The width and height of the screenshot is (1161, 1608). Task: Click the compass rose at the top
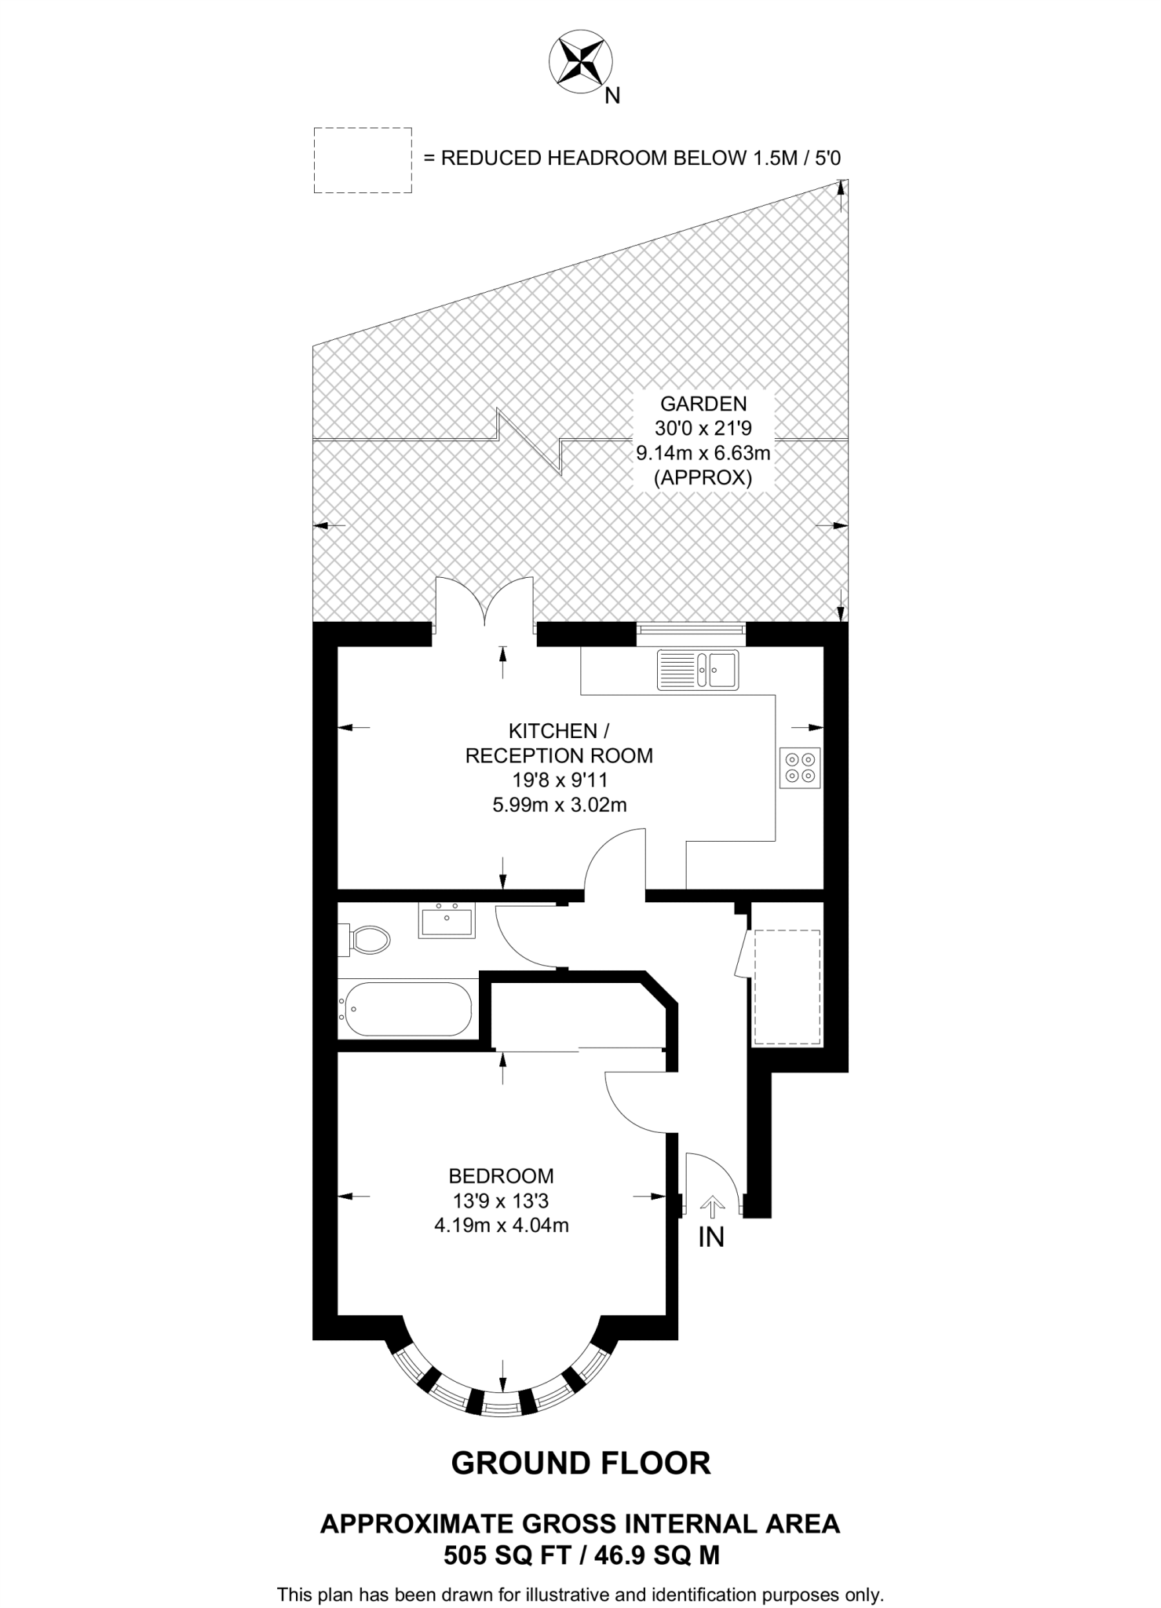click(x=580, y=61)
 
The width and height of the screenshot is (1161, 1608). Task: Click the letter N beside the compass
click(x=612, y=96)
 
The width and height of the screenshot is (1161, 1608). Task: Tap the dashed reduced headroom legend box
click(x=363, y=160)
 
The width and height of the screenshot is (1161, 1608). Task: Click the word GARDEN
click(x=703, y=404)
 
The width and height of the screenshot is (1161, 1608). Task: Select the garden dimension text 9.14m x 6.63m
click(x=703, y=453)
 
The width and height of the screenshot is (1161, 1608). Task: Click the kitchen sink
click(x=697, y=670)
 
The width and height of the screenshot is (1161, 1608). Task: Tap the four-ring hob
click(x=800, y=768)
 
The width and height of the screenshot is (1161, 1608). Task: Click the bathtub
click(x=407, y=1010)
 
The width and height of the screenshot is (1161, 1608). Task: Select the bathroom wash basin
click(x=447, y=921)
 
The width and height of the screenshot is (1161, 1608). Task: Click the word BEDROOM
click(x=501, y=1175)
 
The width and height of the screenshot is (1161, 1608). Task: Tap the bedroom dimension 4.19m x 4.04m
click(x=501, y=1225)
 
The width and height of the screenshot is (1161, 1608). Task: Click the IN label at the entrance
click(x=711, y=1237)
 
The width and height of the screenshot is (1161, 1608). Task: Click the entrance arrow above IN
click(x=712, y=1206)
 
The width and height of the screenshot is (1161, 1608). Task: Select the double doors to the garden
click(x=485, y=606)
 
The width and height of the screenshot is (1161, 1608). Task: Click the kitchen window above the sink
click(x=690, y=628)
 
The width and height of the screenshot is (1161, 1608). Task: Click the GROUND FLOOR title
click(x=581, y=1464)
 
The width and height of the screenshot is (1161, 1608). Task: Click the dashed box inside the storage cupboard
click(x=787, y=987)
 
